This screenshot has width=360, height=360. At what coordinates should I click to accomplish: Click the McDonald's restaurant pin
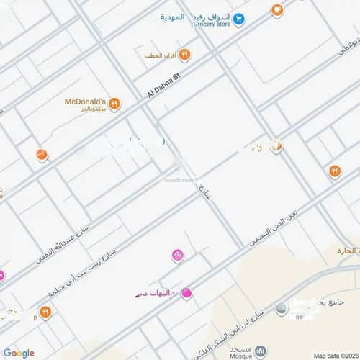point(114,104)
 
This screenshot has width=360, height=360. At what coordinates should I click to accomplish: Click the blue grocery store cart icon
point(239,19)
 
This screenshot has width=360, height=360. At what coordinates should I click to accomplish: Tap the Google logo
point(18,353)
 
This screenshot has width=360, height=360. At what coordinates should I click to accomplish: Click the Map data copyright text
point(336,355)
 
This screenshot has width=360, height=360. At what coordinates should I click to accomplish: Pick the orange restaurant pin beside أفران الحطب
point(184,54)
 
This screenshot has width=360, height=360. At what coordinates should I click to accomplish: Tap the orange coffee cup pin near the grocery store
point(276,10)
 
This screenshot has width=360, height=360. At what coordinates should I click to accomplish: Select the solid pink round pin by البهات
point(186,293)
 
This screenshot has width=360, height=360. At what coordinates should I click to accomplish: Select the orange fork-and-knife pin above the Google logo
point(45,312)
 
